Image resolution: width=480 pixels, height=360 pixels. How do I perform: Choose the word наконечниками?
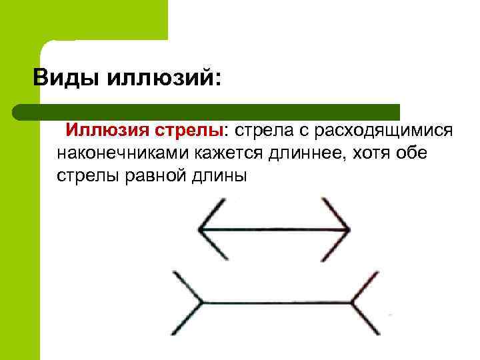coord(124,153)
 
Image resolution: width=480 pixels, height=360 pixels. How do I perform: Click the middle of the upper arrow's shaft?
coord(274,230)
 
